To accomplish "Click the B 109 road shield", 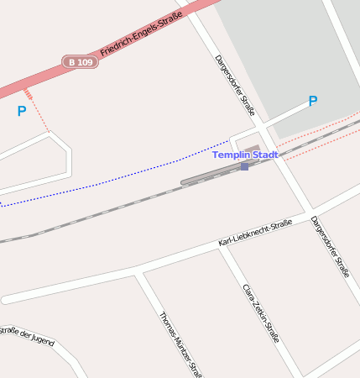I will [80, 62].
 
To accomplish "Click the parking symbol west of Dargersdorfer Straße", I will [22, 111].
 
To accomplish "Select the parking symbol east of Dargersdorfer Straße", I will [313, 102].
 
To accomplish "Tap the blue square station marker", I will [244, 166].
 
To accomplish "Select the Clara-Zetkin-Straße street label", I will [260, 312].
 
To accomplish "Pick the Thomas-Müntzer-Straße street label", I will [181, 344].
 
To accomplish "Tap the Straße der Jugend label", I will [27, 335].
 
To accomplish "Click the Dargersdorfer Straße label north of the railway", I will [235, 84].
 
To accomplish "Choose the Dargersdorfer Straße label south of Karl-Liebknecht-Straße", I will [330, 247].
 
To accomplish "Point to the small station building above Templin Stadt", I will [252, 149].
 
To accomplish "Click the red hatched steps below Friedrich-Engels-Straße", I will [29, 93].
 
